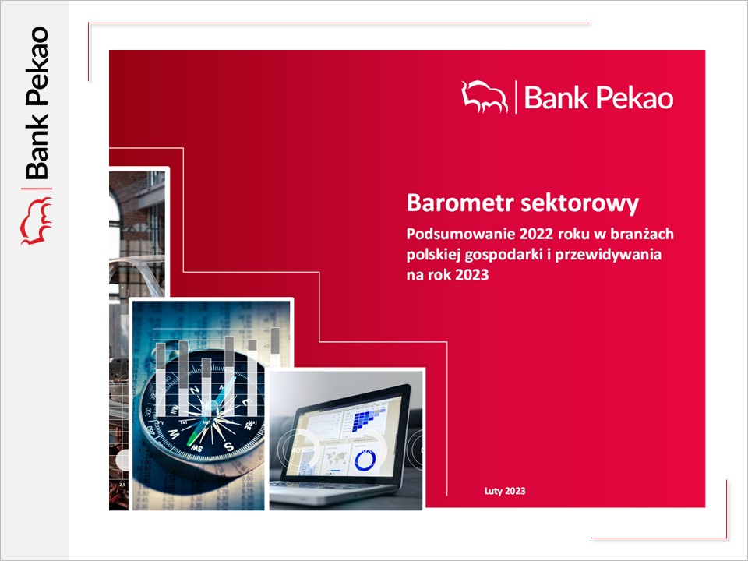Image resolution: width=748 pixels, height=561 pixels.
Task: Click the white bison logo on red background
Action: (484, 97)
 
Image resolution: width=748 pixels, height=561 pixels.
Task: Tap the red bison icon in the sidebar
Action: (37, 221)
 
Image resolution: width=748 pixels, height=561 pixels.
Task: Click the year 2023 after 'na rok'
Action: (472, 275)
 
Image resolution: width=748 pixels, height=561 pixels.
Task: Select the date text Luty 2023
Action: (505, 491)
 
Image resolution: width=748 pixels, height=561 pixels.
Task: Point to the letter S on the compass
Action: (228, 446)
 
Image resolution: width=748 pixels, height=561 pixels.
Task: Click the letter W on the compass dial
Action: (173, 435)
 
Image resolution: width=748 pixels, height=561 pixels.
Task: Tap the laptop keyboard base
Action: (334, 492)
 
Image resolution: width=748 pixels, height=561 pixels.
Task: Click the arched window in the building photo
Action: (115, 224)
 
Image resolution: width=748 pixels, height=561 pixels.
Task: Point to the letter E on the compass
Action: (247, 402)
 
